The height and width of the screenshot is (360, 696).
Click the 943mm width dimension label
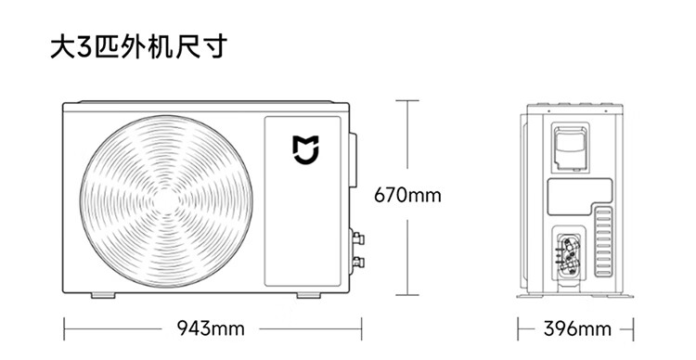point(211,328)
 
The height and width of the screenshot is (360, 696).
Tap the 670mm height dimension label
point(407,195)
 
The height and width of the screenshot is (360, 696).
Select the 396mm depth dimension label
point(577,329)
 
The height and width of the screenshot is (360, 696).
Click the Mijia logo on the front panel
point(306,150)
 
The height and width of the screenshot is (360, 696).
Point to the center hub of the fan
point(166,201)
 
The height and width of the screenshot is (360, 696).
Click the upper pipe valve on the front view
point(357,238)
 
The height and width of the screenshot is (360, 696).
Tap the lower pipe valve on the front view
point(357,262)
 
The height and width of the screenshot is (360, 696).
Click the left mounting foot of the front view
point(103,295)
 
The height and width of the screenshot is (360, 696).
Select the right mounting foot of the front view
point(308,295)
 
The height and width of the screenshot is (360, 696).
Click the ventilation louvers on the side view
point(603,242)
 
